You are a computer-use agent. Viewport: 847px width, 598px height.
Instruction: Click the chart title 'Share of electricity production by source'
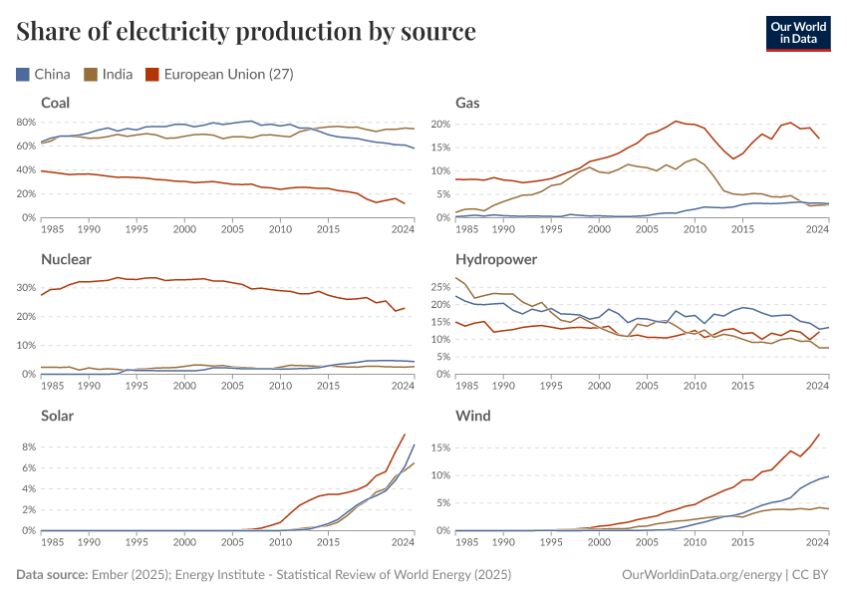tap(246, 32)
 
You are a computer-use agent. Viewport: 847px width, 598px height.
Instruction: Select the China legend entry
tap(44, 74)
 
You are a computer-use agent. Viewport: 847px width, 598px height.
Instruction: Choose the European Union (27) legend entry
tap(218, 74)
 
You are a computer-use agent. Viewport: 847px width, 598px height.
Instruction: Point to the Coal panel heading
tap(56, 103)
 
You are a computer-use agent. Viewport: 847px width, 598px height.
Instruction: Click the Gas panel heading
tap(467, 103)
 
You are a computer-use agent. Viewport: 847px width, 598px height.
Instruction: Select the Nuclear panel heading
tap(66, 259)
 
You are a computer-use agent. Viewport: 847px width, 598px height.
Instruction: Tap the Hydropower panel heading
tap(496, 259)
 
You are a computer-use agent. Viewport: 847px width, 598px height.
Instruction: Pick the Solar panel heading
tap(58, 416)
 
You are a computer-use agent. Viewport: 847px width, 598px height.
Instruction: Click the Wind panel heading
tap(472, 416)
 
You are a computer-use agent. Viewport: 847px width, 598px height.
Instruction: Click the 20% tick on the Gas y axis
tap(440, 125)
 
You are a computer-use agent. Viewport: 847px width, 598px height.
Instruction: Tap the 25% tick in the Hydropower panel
tap(440, 287)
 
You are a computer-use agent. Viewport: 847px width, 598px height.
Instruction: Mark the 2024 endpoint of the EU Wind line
tap(819, 435)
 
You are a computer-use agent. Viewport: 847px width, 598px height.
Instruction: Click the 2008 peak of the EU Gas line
tap(677, 121)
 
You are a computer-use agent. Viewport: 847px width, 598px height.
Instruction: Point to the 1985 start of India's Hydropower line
tap(456, 278)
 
